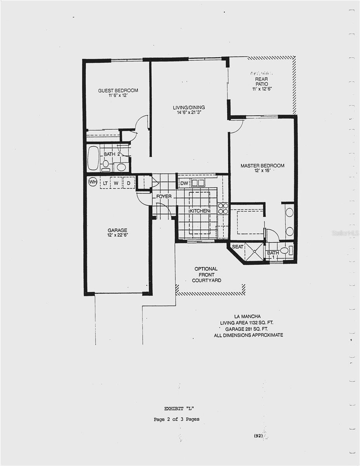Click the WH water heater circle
(92, 182)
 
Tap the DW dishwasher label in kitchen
(184, 183)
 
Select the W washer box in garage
(116, 183)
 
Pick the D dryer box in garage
(129, 183)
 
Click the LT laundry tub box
(105, 183)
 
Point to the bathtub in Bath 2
(93, 158)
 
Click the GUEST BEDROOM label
(118, 90)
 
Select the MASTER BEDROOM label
(262, 166)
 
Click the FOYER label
(164, 196)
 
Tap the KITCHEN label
(200, 210)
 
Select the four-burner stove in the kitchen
(223, 209)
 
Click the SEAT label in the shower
(238, 247)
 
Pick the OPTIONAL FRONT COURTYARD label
(206, 274)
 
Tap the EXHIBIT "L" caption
(179, 408)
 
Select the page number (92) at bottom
(259, 436)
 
